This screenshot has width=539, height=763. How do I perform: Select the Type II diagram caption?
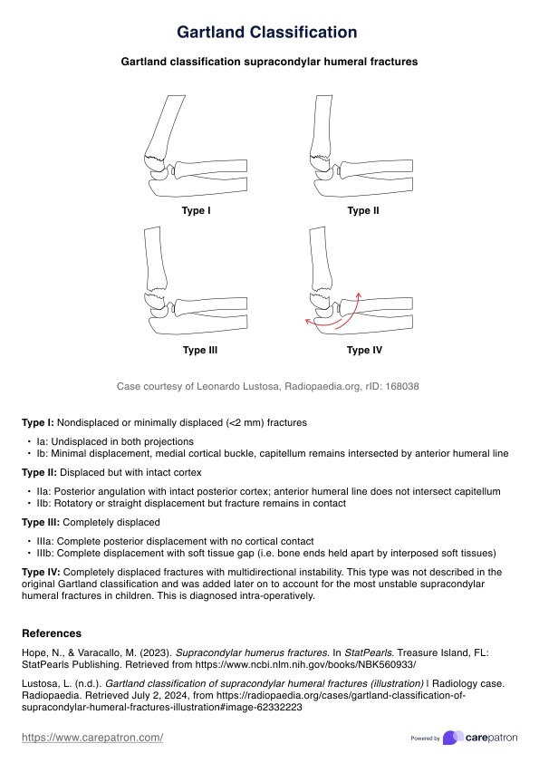point(363,211)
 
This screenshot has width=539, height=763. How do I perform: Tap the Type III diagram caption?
point(199,350)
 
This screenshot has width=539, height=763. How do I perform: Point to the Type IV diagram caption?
point(363,350)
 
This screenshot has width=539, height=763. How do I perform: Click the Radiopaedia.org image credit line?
point(267,387)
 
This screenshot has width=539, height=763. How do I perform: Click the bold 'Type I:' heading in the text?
point(38,422)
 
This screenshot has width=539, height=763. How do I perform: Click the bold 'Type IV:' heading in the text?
point(40,573)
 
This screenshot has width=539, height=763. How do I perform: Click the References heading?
point(52,633)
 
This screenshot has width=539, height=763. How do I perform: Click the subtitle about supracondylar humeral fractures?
point(269,63)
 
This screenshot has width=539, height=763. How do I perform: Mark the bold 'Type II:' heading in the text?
point(40,472)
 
